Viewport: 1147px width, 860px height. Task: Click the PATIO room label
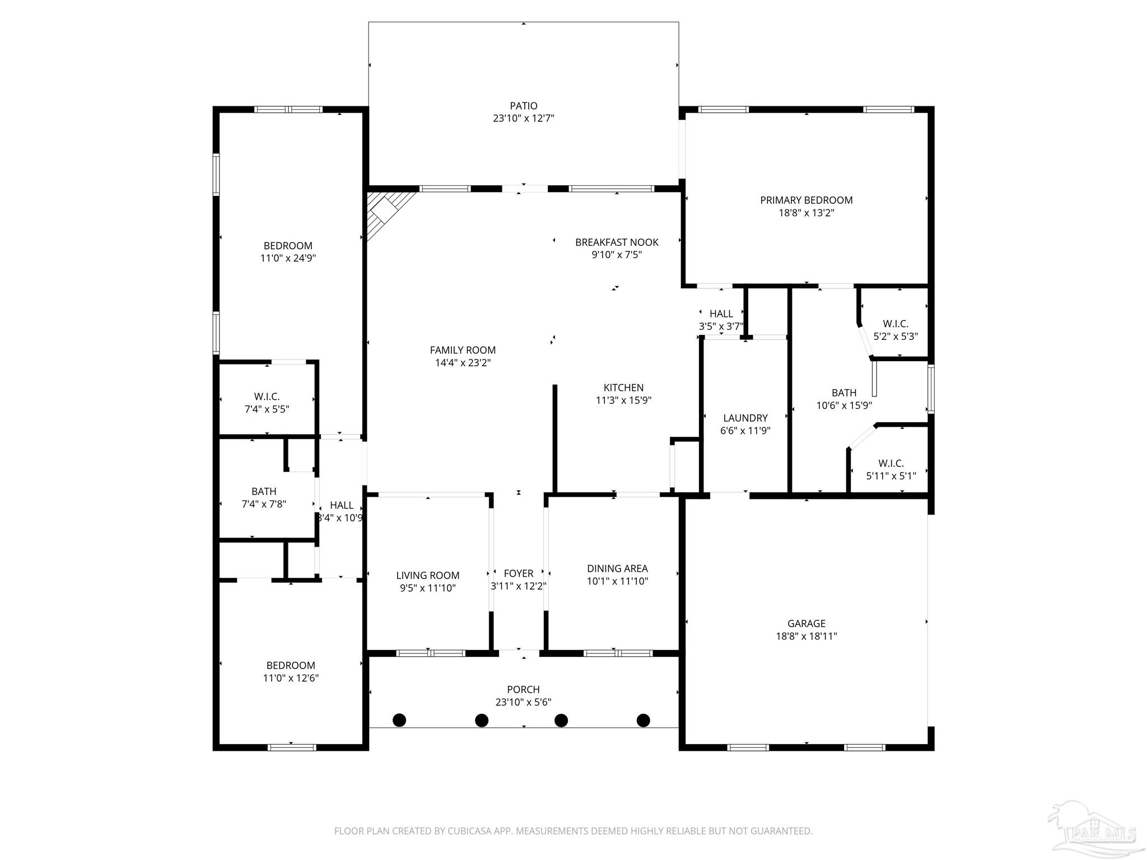(523, 106)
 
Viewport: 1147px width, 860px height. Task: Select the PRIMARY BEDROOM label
(806, 200)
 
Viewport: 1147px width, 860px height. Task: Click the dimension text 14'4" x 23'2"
(463, 363)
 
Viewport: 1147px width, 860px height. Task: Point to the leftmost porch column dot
(399, 720)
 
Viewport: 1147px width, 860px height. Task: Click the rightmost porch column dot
(644, 720)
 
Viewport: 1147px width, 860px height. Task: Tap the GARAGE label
(806, 623)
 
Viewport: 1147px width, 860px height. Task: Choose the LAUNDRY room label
(745, 418)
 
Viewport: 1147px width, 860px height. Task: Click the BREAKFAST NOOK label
(617, 242)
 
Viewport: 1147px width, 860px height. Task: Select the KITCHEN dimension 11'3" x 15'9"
(623, 400)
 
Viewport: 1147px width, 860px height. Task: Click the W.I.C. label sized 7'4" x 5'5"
(267, 396)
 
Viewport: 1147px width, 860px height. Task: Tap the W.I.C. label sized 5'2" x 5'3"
(895, 324)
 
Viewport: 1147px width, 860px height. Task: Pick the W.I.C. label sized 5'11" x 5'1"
(890, 463)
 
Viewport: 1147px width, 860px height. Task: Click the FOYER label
(518, 573)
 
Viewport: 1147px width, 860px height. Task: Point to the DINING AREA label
(617, 568)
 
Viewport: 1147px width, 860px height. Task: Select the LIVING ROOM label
(427, 576)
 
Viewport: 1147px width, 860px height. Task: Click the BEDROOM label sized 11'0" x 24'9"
(288, 246)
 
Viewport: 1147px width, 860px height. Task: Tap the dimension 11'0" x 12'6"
(291, 678)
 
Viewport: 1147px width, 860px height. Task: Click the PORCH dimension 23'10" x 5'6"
(523, 702)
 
